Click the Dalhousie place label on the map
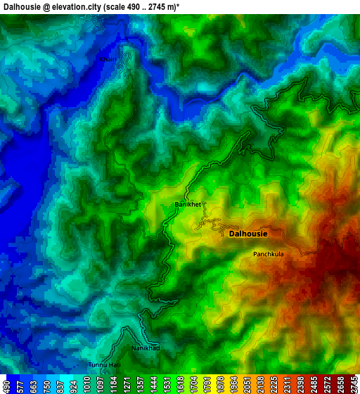click(x=248, y=234)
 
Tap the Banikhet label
click(x=188, y=204)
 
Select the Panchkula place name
click(x=269, y=254)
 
